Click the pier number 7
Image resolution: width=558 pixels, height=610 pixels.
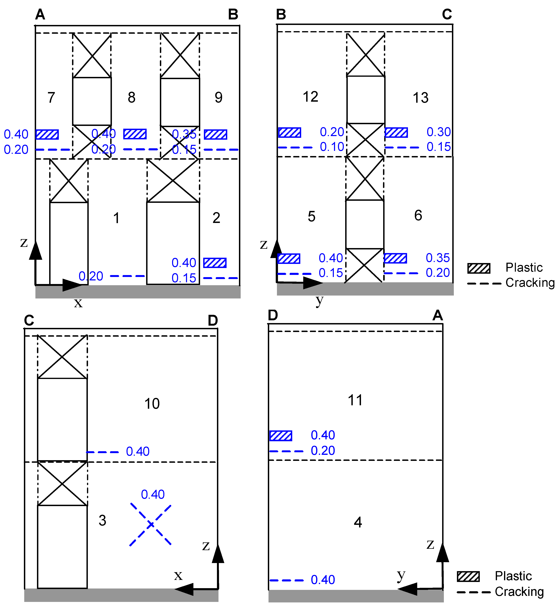pos(51,97)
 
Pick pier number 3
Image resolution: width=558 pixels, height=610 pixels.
pos(102,520)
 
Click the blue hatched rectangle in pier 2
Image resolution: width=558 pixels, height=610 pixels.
pos(215,263)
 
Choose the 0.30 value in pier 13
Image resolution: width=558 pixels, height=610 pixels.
pos(439,132)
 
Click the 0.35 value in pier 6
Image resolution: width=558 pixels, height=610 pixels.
pos(438,258)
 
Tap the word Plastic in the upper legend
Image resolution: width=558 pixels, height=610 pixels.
pos(524,267)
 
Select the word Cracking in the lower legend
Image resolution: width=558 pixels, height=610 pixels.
pos(519,592)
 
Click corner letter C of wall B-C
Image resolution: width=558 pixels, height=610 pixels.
pos(447,14)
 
